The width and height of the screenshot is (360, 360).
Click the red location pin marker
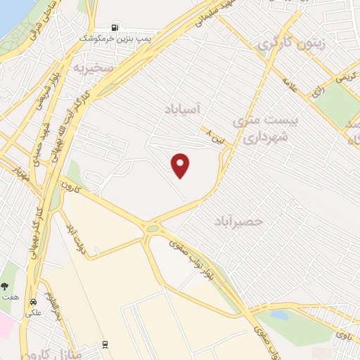coord(181,165)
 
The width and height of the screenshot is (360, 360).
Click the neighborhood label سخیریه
coord(93,67)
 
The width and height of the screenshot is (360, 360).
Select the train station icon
coord(105,344)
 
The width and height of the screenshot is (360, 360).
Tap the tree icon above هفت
coord(6,286)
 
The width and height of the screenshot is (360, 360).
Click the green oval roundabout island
coord(153,228)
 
